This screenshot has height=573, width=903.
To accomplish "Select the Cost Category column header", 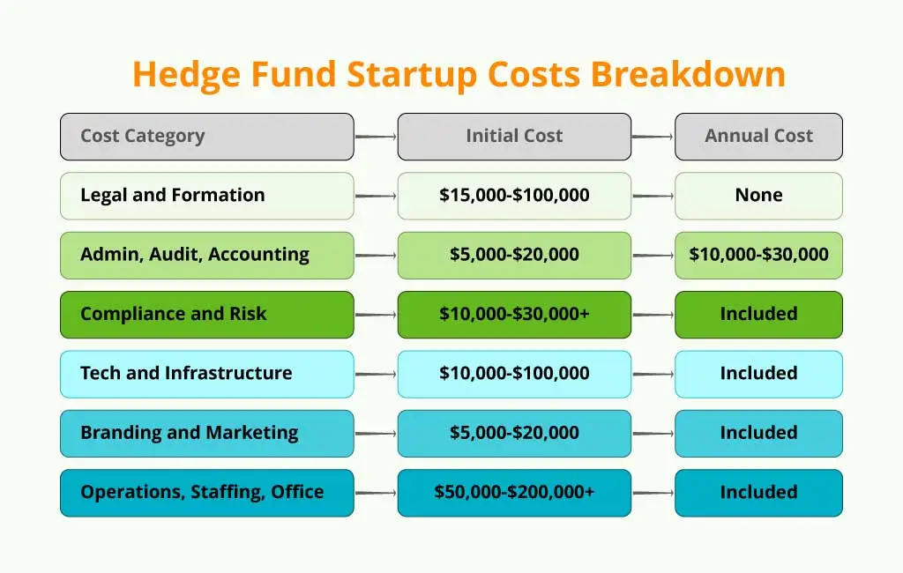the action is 206,137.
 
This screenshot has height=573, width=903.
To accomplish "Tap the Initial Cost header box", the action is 514,137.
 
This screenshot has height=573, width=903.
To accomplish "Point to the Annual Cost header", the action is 758,137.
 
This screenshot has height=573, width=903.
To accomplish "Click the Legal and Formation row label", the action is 206,196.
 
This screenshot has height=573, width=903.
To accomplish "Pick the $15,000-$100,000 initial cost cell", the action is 514,196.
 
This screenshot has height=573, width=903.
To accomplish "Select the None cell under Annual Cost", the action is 758,196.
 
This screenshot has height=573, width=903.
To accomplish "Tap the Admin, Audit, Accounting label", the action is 206,255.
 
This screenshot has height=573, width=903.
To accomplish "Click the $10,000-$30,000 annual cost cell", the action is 758,255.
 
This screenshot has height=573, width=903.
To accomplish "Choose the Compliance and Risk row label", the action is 206,315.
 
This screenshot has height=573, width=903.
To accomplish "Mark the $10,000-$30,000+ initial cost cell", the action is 514,315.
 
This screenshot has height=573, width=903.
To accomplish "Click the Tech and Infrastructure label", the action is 206,374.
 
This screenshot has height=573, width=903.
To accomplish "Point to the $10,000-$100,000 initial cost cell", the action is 514,374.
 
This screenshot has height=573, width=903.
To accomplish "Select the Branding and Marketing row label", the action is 206,433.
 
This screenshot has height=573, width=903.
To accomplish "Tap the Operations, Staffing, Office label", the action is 206,493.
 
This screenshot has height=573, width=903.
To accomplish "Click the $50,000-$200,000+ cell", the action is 514,493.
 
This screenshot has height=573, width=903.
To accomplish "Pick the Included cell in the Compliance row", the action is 758,315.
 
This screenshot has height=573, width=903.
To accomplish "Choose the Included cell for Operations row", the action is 758,493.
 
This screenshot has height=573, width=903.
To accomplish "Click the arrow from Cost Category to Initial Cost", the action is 376,137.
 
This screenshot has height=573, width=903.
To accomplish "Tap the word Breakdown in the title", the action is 688,74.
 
